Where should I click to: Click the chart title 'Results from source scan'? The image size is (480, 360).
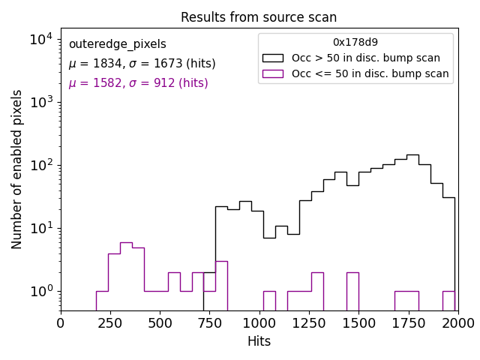[259, 17]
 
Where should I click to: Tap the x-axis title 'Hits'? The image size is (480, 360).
[259, 341]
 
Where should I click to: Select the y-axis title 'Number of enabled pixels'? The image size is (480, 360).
[17, 169]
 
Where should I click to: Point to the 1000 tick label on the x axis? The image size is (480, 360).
[259, 322]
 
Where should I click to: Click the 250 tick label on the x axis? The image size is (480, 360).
[110, 322]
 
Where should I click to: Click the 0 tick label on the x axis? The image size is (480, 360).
[61, 322]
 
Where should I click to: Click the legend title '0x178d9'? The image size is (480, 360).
[355, 43]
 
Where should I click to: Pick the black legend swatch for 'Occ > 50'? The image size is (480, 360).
[273, 58]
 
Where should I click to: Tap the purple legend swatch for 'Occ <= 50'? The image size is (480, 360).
[273, 73]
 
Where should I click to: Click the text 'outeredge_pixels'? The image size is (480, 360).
[117, 44]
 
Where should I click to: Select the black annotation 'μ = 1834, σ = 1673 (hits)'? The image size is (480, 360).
[142, 64]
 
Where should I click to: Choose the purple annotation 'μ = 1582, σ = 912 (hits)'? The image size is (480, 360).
[138, 83]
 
